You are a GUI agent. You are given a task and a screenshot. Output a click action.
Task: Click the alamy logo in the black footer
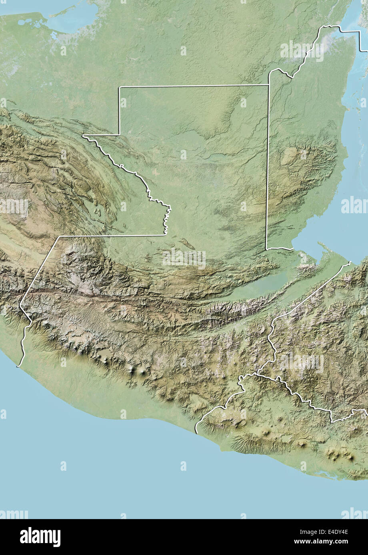tap(40, 537)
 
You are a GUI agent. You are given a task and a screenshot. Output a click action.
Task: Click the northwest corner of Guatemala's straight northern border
tap(119, 87)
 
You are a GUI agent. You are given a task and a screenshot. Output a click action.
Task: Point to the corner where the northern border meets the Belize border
tap(268, 85)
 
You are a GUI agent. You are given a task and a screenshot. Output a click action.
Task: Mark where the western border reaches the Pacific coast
tap(18, 366)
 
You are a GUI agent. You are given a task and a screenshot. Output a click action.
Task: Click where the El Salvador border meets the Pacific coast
tap(196, 432)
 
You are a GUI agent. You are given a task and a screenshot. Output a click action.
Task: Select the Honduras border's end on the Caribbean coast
tap(350, 262)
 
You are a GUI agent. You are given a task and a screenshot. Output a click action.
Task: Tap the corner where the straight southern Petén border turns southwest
tap(59, 236)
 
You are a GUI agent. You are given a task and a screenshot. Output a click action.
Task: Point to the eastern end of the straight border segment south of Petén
tap(165, 235)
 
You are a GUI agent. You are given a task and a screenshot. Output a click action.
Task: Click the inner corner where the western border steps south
tap(119, 135)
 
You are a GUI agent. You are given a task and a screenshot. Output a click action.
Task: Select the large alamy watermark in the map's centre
tap(184, 258)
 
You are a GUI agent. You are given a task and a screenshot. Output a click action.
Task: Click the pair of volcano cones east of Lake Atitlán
tap(136, 371)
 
